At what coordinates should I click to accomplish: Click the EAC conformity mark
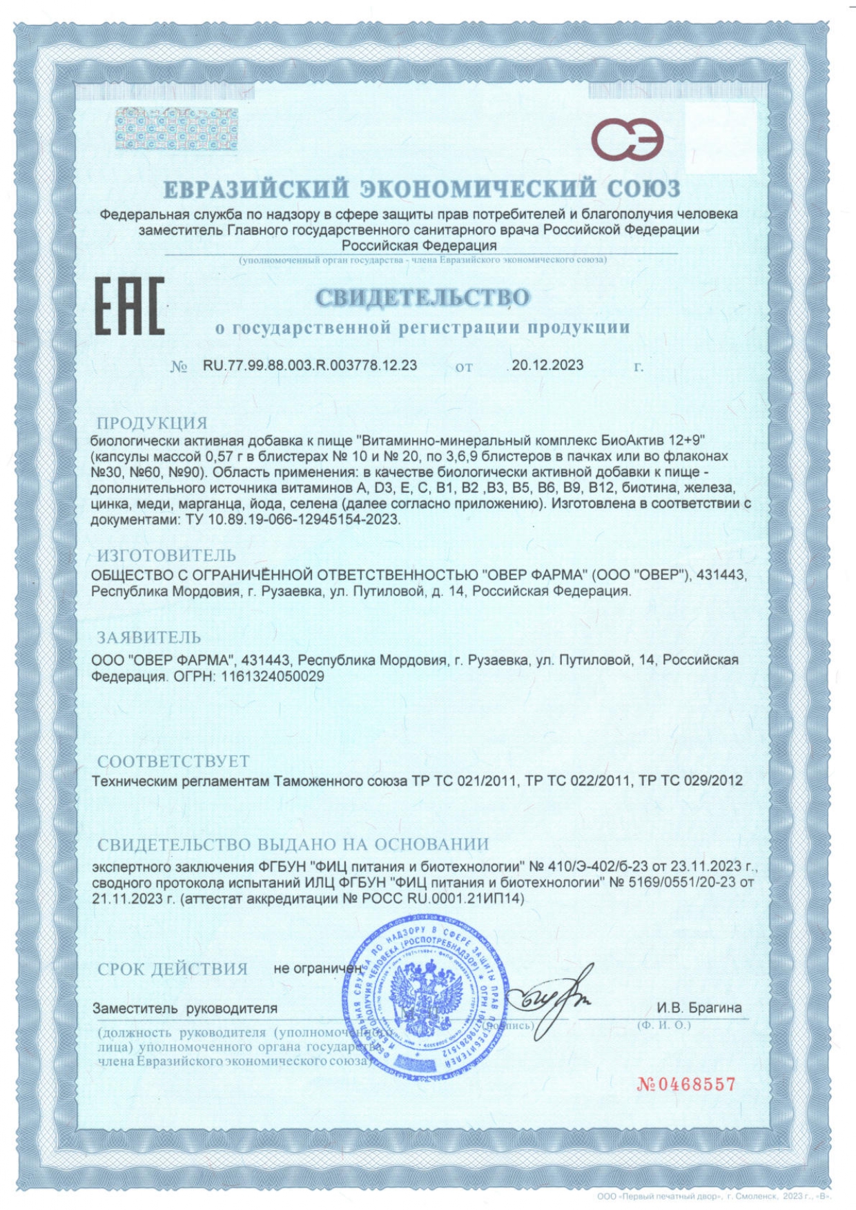tap(130, 306)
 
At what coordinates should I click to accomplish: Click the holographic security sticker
tap(176, 129)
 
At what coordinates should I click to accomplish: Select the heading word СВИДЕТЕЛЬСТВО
tap(422, 297)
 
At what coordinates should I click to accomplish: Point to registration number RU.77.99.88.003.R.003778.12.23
tap(310, 365)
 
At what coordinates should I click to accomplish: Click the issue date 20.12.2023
tap(547, 365)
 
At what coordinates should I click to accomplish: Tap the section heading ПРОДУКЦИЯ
tap(152, 423)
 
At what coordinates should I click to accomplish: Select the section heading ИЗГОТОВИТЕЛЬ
tap(166, 556)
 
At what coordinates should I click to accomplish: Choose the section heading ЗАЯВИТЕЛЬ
tap(149, 637)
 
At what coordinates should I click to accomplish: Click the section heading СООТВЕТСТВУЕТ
tap(173, 761)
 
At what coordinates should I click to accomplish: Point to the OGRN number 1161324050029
tap(273, 676)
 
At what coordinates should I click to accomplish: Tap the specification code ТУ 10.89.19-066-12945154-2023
tap(293, 520)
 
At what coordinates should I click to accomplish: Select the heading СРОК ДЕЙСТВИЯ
tap(173, 969)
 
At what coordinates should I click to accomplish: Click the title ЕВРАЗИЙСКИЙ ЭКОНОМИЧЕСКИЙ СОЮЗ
tap(422, 188)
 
